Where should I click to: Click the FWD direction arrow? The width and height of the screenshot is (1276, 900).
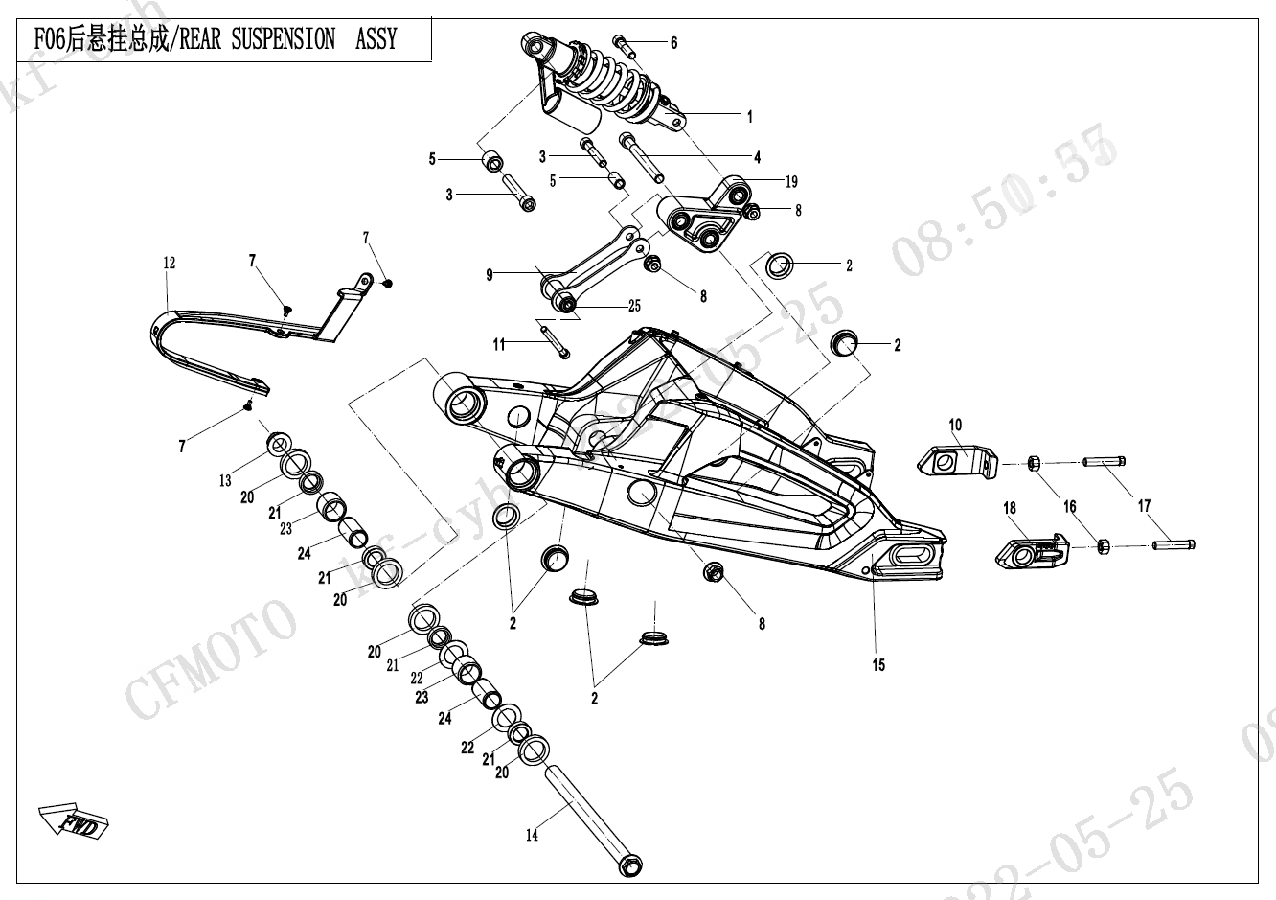75,819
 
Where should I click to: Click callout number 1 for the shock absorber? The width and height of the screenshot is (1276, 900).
750,117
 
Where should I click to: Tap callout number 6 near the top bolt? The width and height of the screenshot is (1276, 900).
673,43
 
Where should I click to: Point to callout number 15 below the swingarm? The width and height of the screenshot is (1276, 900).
878,664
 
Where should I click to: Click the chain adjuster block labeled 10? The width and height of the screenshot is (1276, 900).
957,461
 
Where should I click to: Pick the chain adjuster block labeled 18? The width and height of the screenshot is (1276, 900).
1032,548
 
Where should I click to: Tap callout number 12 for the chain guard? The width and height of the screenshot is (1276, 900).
170,263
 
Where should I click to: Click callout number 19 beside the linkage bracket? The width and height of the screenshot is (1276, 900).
791,181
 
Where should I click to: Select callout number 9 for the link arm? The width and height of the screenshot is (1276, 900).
490,275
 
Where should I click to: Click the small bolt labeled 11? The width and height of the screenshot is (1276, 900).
555,342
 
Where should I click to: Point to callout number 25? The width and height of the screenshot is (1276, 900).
634,307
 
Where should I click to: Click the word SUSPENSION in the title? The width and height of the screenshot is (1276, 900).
285,39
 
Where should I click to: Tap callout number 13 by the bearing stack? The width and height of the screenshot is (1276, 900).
225,481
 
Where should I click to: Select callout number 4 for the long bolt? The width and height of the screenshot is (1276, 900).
757,157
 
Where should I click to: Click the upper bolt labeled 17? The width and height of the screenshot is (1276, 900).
1104,462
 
